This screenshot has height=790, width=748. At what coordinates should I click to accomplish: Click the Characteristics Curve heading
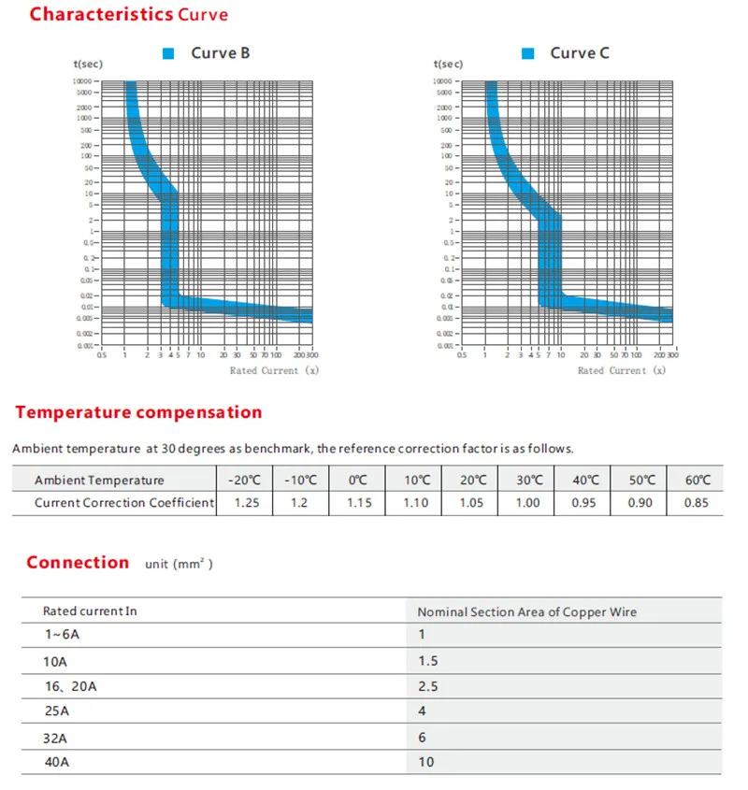pyautogui.click(x=128, y=15)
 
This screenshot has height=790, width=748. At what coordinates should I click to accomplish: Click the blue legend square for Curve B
pyautogui.click(x=169, y=54)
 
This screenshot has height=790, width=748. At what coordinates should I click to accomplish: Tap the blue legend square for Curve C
pyautogui.click(x=528, y=54)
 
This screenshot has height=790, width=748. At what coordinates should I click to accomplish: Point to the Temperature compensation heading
pyautogui.click(x=138, y=412)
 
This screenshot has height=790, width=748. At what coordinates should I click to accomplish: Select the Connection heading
pyautogui.click(x=78, y=562)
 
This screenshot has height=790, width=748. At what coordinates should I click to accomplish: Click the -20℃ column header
pyautogui.click(x=246, y=480)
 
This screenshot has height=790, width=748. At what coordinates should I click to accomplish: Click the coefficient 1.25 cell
pyautogui.click(x=246, y=503)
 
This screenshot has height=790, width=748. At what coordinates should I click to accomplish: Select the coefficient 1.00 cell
pyautogui.click(x=527, y=503)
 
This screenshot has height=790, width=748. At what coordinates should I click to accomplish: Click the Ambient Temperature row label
pyautogui.click(x=99, y=480)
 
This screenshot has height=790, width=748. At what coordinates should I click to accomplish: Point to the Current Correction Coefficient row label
pyautogui.click(x=124, y=503)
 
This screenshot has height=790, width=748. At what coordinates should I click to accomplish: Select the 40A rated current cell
pyautogui.click(x=57, y=762)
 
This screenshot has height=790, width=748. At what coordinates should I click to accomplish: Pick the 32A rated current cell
pyautogui.click(x=57, y=737)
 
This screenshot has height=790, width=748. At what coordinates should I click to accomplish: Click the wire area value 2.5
pyautogui.click(x=427, y=686)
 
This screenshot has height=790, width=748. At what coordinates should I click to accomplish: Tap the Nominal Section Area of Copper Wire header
pyautogui.click(x=526, y=611)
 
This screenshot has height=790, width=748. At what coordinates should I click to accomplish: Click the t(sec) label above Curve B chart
pyautogui.click(x=88, y=65)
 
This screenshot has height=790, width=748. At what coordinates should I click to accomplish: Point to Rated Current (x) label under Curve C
pyautogui.click(x=622, y=371)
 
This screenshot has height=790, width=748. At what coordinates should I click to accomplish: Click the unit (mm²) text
pyautogui.click(x=180, y=565)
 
